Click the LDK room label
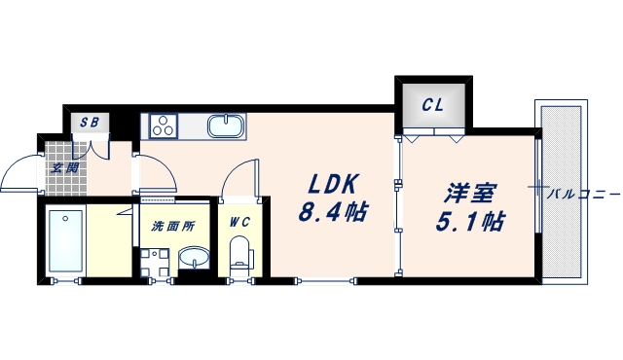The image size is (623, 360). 334,184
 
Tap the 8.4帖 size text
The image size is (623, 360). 334,211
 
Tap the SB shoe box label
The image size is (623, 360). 90,123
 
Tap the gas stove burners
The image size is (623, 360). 162,126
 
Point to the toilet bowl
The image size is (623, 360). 238,257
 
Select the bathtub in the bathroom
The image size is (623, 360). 67,241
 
